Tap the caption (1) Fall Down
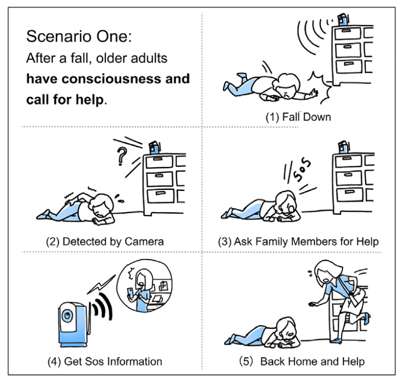coord(298,117)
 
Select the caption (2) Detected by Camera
coord(105,241)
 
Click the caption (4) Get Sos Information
coord(104,361)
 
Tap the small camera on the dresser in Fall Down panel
coord(343,19)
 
